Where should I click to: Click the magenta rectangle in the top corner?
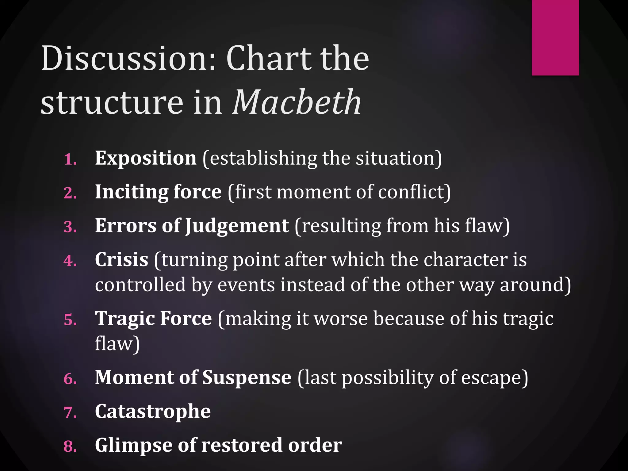[555, 37]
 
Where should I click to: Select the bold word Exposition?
[146, 158]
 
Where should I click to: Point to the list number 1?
[70, 159]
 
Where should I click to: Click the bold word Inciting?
[131, 192]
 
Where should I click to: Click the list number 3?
[70, 227]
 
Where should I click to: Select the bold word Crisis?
[121, 260]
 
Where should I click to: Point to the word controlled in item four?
[140, 285]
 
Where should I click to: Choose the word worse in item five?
[341, 318]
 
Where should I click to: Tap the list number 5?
[70, 320]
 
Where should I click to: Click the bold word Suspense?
[247, 377]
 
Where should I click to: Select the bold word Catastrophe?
[153, 412]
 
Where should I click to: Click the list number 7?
[70, 412]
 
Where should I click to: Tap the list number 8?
[70, 446]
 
